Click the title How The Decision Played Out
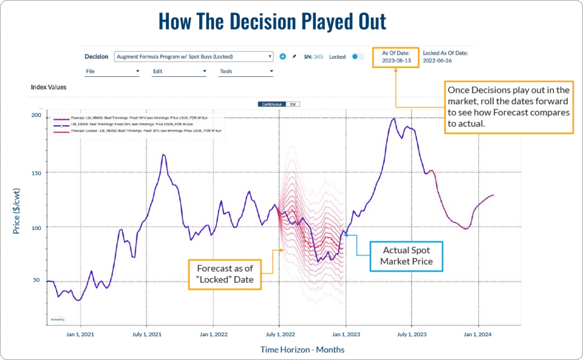pyautogui.click(x=272, y=21)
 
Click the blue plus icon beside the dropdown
pyautogui.click(x=282, y=57)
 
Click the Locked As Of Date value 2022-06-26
pyautogui.click(x=437, y=60)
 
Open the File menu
pyautogui.click(x=112, y=72)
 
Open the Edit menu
pyautogui.click(x=179, y=72)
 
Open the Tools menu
pyautogui.click(x=246, y=72)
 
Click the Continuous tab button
pyautogui.click(x=272, y=104)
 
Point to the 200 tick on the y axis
pyautogui.click(x=37, y=116)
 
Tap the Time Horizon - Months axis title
pyautogui.click(x=302, y=349)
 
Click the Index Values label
pyautogui.click(x=48, y=88)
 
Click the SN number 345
pyautogui.click(x=318, y=57)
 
